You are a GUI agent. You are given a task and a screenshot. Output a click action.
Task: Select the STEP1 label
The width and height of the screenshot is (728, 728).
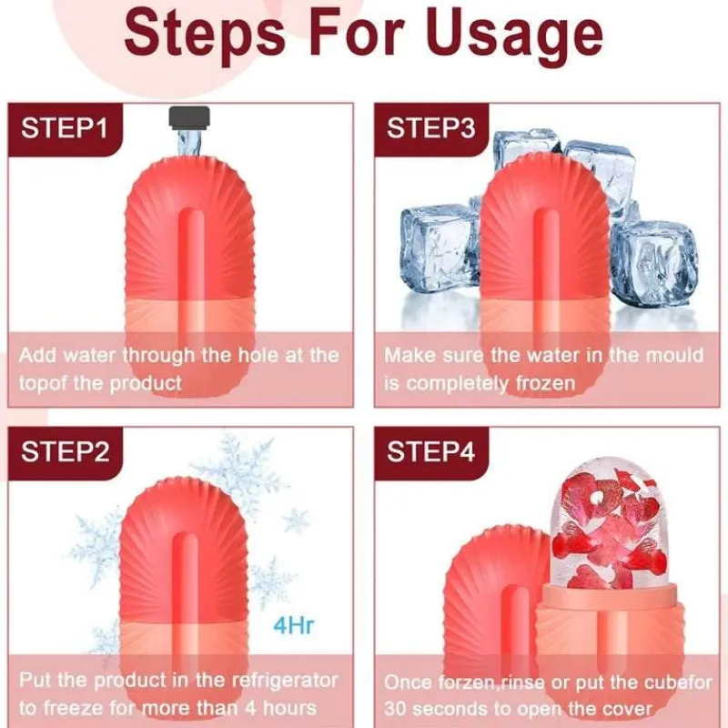(65, 128)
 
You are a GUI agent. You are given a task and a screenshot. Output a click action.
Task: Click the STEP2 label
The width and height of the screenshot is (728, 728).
(65, 451)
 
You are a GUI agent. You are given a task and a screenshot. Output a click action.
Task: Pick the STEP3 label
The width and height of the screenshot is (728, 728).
(431, 128)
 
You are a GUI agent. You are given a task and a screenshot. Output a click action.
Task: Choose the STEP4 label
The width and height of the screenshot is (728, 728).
(431, 451)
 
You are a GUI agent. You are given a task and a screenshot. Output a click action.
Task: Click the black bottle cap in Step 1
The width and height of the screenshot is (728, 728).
(189, 117)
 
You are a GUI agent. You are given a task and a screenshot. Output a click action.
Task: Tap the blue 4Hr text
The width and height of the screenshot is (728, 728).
(294, 625)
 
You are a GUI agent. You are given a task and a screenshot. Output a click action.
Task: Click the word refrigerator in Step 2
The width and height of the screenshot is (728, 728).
(285, 681)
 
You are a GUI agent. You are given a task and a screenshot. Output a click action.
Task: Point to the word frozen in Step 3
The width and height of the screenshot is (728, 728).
(545, 384)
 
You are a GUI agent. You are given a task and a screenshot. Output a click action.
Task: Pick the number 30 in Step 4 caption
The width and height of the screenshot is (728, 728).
(395, 709)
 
